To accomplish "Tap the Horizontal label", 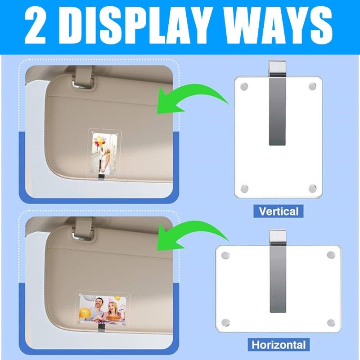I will [278, 346].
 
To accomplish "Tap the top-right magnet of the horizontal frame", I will [331, 256].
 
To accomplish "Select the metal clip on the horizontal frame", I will [278, 279].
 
